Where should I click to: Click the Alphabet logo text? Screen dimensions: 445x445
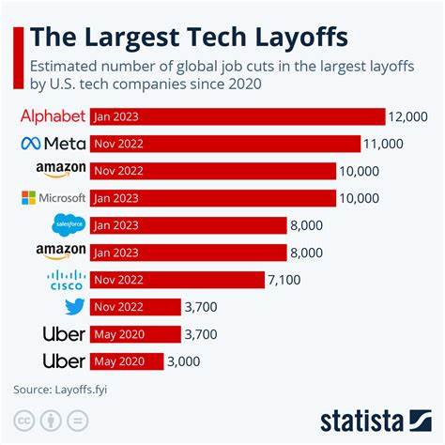[x=53, y=116]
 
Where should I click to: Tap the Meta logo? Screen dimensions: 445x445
[x=53, y=144]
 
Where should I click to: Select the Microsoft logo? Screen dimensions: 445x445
[x=54, y=198]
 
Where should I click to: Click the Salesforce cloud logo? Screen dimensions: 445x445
[x=69, y=225]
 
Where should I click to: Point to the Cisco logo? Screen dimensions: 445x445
[x=66, y=279]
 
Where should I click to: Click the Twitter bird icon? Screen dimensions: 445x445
[x=74, y=307]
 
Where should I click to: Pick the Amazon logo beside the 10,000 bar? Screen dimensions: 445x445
[x=61, y=170]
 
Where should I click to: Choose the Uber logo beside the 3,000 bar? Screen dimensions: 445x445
[x=64, y=361]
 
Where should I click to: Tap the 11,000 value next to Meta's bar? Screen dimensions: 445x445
[x=386, y=144]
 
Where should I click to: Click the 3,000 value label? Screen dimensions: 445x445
[x=185, y=361]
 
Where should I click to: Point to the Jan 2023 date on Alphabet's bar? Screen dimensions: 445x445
[x=116, y=116]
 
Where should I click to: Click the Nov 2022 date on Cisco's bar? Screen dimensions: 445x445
[x=117, y=280]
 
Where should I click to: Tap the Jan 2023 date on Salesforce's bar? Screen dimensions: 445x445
[x=116, y=225]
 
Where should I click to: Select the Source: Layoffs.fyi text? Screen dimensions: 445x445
[x=56, y=389]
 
